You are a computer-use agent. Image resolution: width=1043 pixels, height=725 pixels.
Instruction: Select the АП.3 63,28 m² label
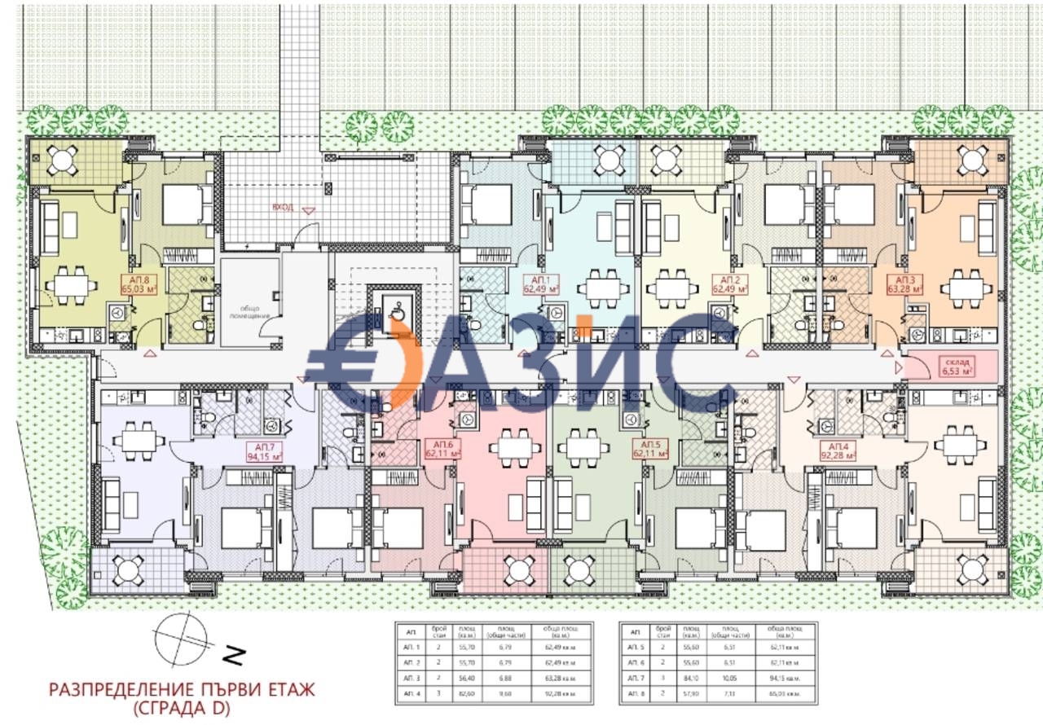(x=904, y=283)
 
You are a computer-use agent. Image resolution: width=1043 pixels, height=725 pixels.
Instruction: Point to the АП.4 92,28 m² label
(x=838, y=452)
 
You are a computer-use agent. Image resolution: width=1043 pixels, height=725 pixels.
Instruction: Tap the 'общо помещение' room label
(x=249, y=311)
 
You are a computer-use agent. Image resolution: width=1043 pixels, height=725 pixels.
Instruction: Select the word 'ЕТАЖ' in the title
(x=284, y=690)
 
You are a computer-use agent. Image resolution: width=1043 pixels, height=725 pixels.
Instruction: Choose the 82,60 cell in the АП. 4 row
(x=465, y=693)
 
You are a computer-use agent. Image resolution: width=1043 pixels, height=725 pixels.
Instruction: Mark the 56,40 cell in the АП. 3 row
(x=465, y=678)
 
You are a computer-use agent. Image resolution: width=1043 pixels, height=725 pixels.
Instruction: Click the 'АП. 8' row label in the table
(x=637, y=693)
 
